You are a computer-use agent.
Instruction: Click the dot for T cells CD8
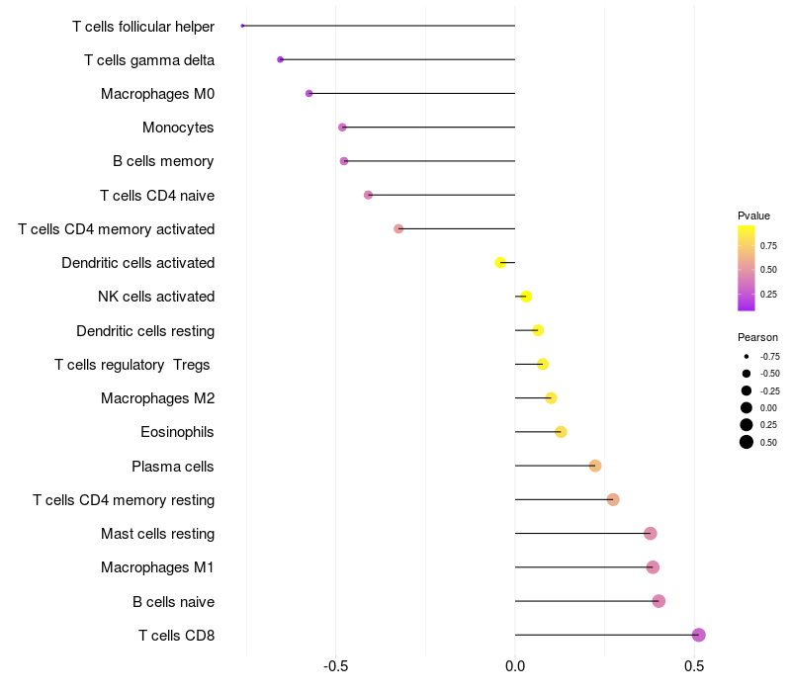pos(699,635)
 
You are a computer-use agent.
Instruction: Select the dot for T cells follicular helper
pos(242,26)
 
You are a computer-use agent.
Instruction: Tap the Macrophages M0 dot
pos(308,93)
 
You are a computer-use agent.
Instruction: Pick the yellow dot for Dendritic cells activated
pos(500,262)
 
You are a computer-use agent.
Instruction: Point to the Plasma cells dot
pos(595,466)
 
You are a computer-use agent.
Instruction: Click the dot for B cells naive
pos(659,601)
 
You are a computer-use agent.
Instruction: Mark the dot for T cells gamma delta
pos(280,59)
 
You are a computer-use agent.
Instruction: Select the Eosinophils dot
pos(561,432)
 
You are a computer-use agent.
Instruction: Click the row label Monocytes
pos(178,128)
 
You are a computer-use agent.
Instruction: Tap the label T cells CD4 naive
pos(157,195)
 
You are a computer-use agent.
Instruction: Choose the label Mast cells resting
pos(157,534)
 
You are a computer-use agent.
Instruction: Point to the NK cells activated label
pos(156,297)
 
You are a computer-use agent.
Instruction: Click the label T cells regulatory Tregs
pos(132,365)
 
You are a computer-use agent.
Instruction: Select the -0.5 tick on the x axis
pos(335,666)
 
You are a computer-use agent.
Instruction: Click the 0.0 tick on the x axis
pos(515,666)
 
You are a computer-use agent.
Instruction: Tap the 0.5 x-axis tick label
pos(694,666)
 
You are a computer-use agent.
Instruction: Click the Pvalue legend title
pos(753,216)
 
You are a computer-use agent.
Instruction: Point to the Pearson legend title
pos(757,337)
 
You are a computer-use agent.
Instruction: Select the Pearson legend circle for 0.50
pos(747,442)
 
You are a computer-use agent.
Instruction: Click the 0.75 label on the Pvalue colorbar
pos(768,245)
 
